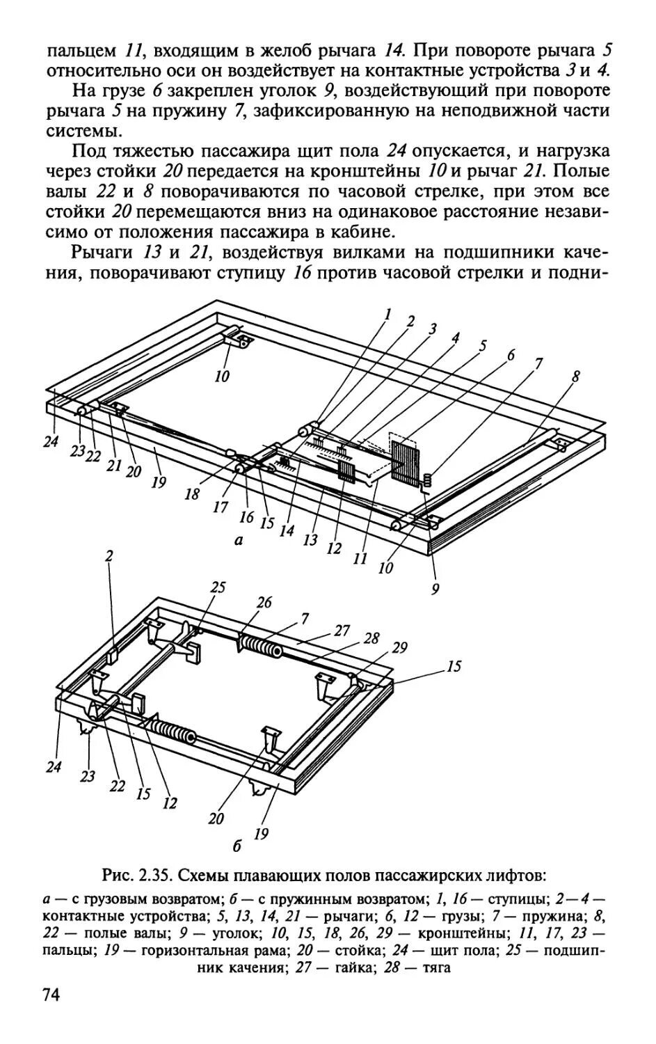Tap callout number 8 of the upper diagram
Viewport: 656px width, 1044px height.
575,378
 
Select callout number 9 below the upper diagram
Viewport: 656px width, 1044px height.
435,589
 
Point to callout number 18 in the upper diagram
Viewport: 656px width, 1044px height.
192,494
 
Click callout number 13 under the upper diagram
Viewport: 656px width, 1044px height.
310,541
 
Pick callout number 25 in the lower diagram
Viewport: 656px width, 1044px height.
218,587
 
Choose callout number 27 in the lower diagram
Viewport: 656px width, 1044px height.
342,631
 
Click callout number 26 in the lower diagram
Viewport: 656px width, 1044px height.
264,601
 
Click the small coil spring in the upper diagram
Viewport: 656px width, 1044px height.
428,480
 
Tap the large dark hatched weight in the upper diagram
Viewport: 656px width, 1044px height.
403,461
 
